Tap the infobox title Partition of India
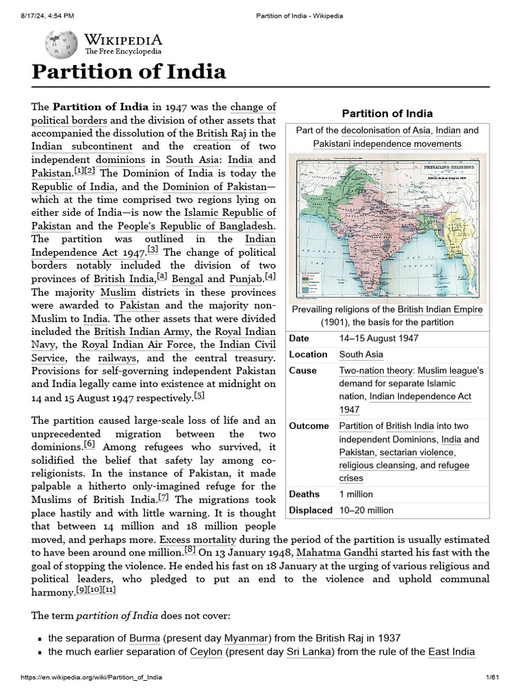(387, 113)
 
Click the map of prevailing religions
(387, 228)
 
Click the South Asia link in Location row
(361, 354)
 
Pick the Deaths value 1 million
(356, 494)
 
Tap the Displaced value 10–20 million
(366, 510)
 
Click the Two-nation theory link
(376, 371)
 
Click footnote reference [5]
(199, 396)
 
